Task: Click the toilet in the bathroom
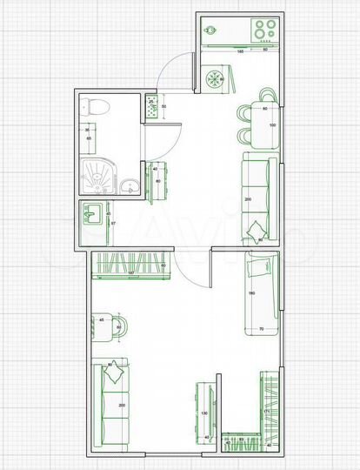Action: [96, 108]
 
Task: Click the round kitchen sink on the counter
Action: [210, 33]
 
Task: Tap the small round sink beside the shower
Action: [130, 185]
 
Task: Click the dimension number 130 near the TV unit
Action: [205, 413]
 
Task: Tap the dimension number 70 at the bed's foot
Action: [262, 328]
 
